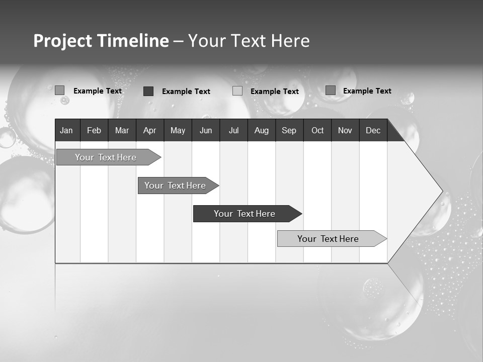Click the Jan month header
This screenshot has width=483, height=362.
pyautogui.click(x=66, y=130)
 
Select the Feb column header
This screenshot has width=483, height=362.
pyautogui.click(x=94, y=130)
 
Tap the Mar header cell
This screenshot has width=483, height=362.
pyautogui.click(x=122, y=130)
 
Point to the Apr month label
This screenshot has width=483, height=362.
pyautogui.click(x=150, y=130)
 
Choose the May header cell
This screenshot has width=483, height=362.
pyautogui.click(x=178, y=130)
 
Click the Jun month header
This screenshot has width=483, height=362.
pyautogui.click(x=206, y=130)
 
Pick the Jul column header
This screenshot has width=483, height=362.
pyautogui.click(x=233, y=130)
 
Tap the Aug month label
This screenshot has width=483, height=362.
pyautogui.click(x=262, y=130)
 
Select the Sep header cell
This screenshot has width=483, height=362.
pyautogui.click(x=289, y=130)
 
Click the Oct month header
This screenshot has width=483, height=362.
pyautogui.click(x=317, y=130)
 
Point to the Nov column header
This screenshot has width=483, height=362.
pyautogui.click(x=345, y=130)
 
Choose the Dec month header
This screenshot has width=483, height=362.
pyautogui.click(x=373, y=130)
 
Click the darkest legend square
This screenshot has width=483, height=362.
pyautogui.click(x=148, y=91)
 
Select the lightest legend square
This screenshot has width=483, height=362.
pyautogui.click(x=237, y=91)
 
